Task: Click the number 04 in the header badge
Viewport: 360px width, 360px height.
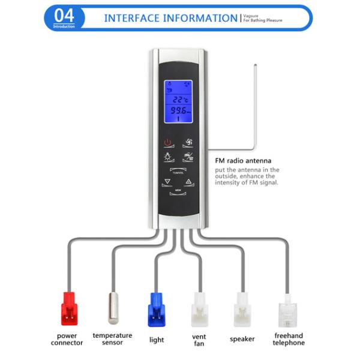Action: pyautogui.click(x=65, y=15)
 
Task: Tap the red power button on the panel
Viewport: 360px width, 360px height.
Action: pyautogui.click(x=167, y=143)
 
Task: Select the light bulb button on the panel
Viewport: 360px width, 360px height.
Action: pyautogui.click(x=167, y=157)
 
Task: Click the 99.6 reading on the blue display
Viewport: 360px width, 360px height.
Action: pyautogui.click(x=178, y=111)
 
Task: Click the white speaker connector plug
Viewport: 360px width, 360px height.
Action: pyautogui.click(x=242, y=308)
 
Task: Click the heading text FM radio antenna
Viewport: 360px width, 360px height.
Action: pyautogui.click(x=243, y=161)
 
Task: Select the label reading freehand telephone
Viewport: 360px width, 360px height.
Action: pyautogui.click(x=289, y=339)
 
